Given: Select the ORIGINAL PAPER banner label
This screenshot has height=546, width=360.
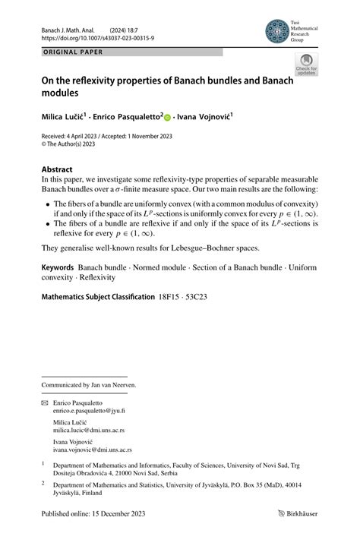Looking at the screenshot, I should pyautogui.click(x=69, y=52).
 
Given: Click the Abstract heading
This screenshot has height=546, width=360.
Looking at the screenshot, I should pyautogui.click(x=57, y=169).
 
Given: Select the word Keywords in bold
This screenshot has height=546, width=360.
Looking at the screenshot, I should pyautogui.click(x=58, y=268).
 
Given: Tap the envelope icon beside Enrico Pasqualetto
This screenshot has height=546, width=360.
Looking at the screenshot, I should pyautogui.click(x=45, y=402).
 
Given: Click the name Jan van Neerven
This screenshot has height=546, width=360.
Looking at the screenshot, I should pyautogui.click(x=110, y=385).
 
